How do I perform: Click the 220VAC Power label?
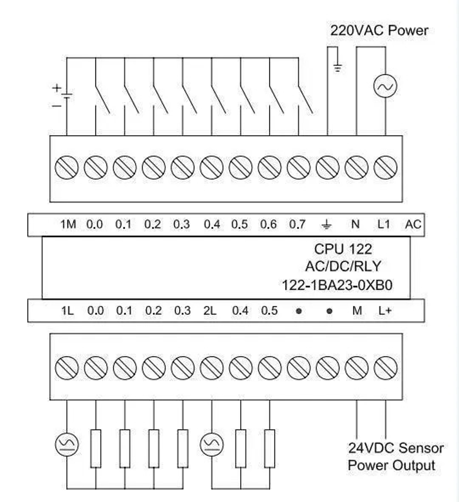379,31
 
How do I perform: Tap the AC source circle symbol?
385,86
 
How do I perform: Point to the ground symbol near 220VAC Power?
338,68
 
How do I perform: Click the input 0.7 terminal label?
297,225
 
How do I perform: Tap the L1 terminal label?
384,225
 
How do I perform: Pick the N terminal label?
355,225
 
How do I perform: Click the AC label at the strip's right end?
413,225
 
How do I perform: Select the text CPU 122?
343,249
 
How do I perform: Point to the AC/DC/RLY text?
343,267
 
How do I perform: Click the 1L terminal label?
67,311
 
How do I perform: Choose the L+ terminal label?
385,311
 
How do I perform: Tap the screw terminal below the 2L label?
212,368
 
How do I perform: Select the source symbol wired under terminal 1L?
67,445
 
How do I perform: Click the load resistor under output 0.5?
269,448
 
